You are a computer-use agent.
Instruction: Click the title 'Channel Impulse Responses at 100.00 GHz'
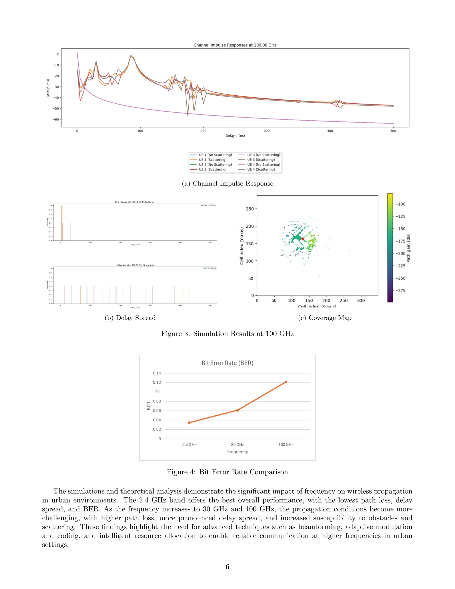tap(235, 45)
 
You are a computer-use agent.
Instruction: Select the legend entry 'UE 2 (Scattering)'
tap(212, 169)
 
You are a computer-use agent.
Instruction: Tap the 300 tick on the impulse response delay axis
tap(267, 131)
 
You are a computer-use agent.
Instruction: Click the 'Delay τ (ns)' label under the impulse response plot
tap(235, 136)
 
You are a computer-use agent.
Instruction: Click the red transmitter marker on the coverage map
tap(303, 239)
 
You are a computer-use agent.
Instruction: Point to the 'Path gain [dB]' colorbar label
tap(408, 248)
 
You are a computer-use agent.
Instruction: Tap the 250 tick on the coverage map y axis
tap(250, 209)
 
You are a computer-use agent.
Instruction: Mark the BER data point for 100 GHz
tap(286, 382)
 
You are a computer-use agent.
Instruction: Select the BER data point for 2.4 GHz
tap(189, 423)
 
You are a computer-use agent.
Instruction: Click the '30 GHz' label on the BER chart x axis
tap(237, 445)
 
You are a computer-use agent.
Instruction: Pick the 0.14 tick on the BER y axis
tap(157, 373)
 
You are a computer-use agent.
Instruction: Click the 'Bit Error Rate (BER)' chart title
tap(227, 363)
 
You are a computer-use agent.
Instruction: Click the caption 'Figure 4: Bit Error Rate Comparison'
tap(227, 472)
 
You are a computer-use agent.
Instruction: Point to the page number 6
tap(227, 567)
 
